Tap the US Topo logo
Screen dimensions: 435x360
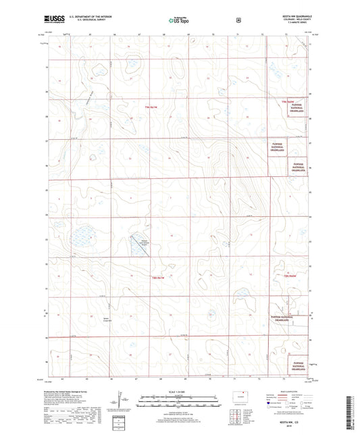(179, 20)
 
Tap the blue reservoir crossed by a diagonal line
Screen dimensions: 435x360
(138, 246)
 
